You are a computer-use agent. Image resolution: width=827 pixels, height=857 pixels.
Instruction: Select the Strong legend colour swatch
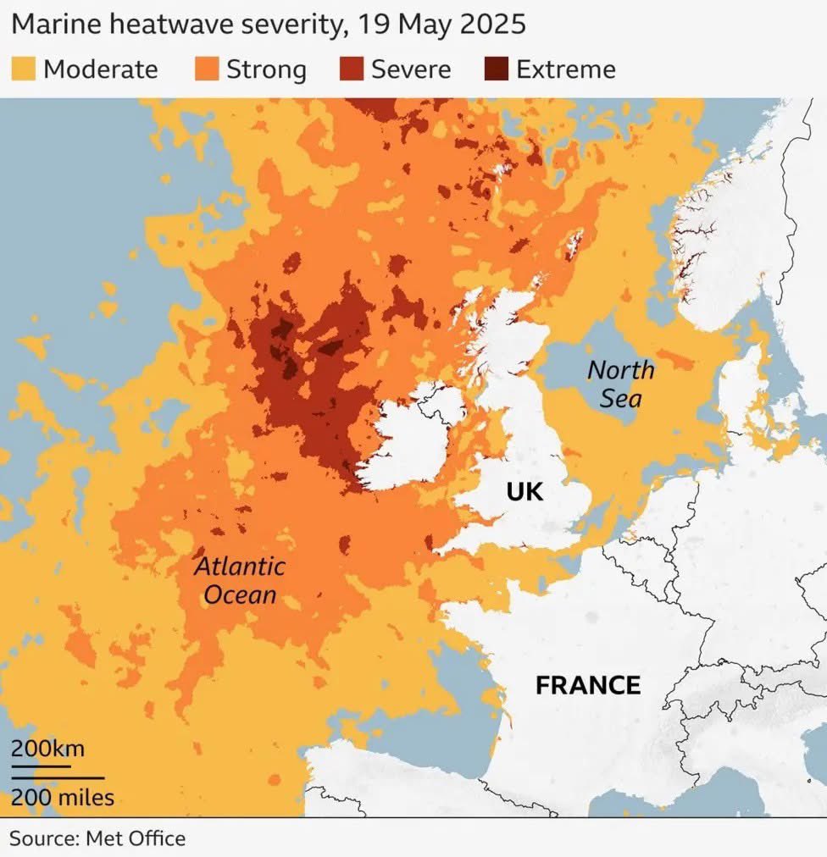pyautogui.click(x=207, y=69)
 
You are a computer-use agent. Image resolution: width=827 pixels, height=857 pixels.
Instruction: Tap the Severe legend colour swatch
pyautogui.click(x=352, y=69)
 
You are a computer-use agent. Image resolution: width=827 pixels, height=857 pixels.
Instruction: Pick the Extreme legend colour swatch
pyautogui.click(x=497, y=69)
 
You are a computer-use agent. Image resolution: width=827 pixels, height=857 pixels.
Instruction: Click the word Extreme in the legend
pyautogui.click(x=565, y=69)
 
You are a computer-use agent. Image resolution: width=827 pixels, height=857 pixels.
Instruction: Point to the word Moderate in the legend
pyautogui.click(x=100, y=69)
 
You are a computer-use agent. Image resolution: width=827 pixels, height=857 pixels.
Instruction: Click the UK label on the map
pyautogui.click(x=524, y=491)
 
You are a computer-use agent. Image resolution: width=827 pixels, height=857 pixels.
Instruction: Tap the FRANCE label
pyautogui.click(x=588, y=684)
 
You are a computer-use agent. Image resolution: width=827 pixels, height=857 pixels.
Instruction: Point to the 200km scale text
pyautogui.click(x=47, y=749)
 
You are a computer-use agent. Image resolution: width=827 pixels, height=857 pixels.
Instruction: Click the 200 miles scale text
pyautogui.click(x=62, y=797)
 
